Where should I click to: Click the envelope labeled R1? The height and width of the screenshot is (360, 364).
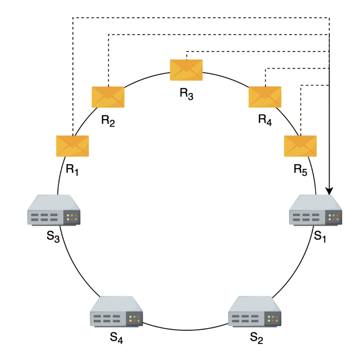click(73, 146)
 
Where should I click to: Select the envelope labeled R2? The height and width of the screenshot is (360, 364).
click(108, 97)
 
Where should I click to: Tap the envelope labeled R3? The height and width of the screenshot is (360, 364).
click(186, 70)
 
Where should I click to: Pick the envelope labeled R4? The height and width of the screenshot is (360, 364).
click(265, 97)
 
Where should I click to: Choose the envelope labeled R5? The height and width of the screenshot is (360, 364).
click(300, 146)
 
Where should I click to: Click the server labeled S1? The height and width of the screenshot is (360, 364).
click(315, 210)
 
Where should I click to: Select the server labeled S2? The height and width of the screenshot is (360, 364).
click(255, 312)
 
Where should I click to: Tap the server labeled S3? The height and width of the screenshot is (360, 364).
click(54, 210)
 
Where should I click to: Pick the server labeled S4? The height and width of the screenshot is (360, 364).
click(116, 312)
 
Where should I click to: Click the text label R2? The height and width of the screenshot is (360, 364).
click(108, 121)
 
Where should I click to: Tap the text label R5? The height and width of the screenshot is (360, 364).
click(300, 169)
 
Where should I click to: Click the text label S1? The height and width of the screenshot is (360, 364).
click(320, 236)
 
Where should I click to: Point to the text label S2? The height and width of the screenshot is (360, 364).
click(257, 338)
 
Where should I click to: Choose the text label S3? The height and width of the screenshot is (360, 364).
click(53, 236)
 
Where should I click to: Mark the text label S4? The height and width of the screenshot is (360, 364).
click(117, 338)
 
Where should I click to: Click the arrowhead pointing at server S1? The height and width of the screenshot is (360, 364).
click(330, 190)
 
